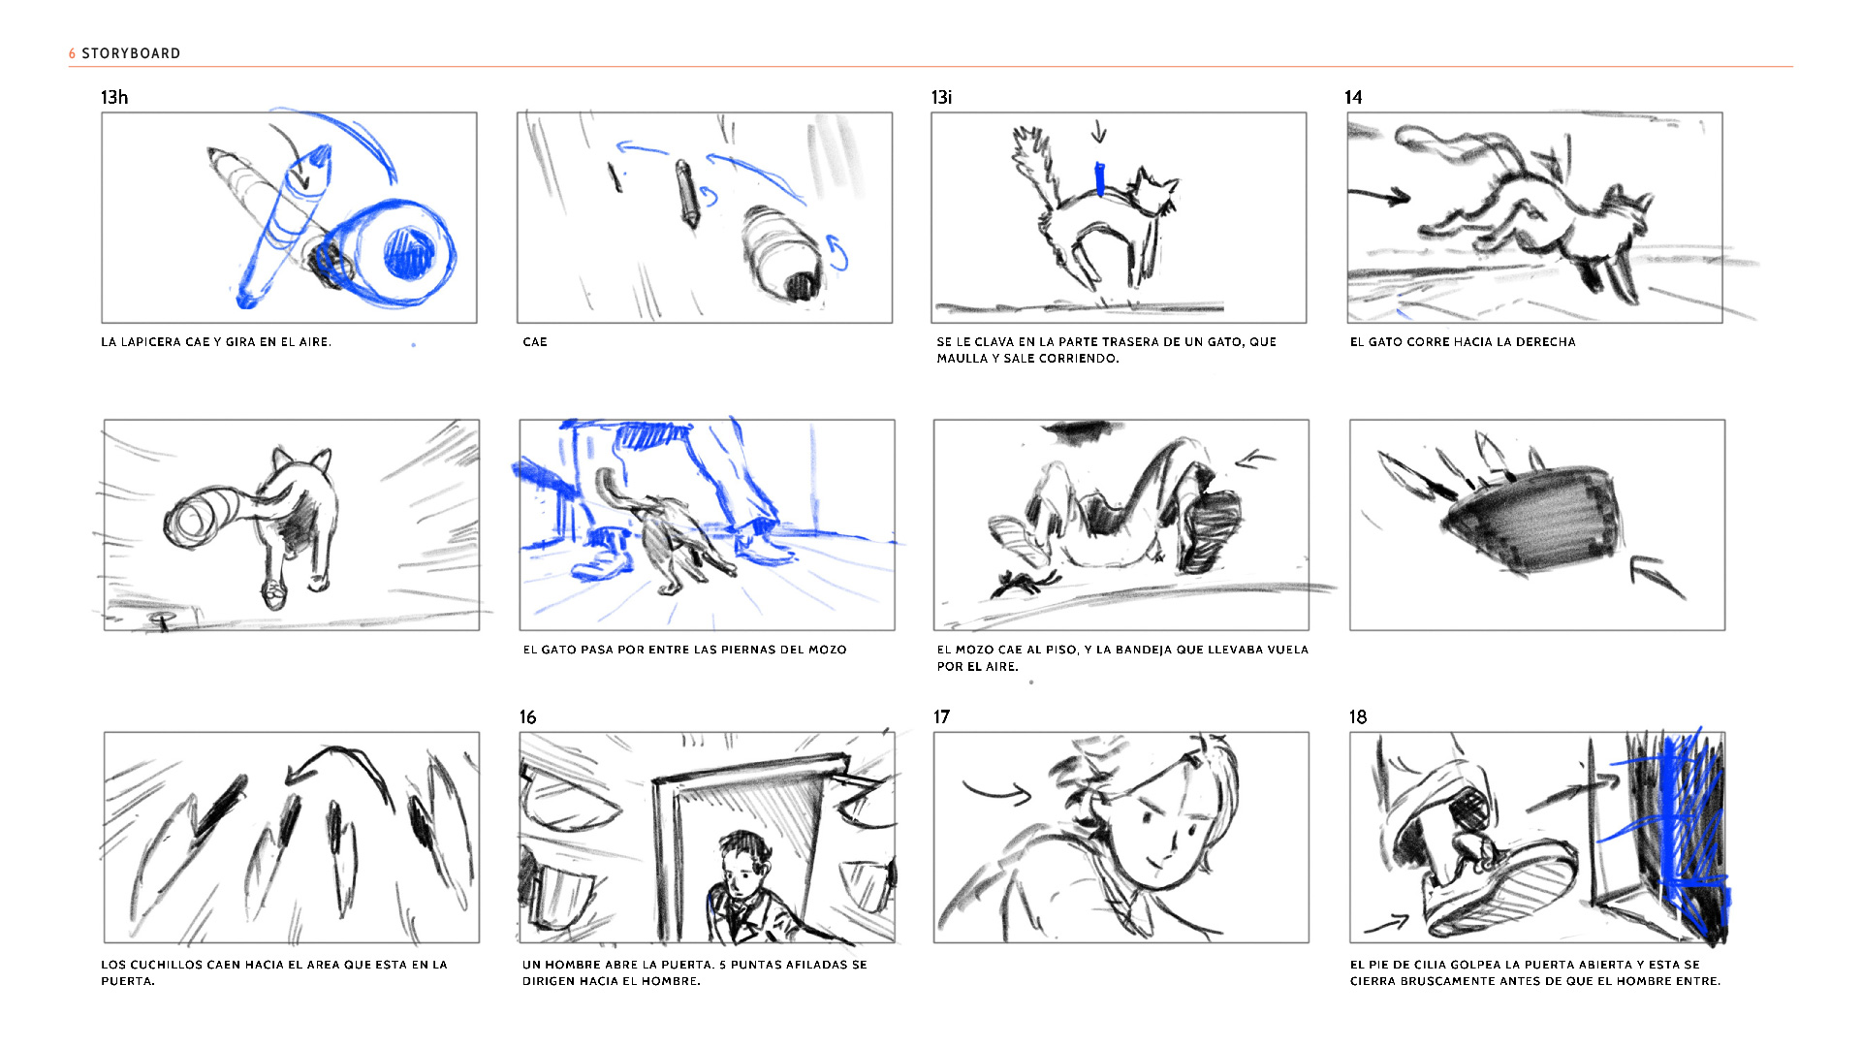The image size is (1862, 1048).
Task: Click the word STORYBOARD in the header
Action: pyautogui.click(x=131, y=53)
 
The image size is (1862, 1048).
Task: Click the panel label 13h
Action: pyautogui.click(x=114, y=97)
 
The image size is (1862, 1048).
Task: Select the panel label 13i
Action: pyautogui.click(x=941, y=97)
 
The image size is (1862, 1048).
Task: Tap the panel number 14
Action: pyautogui.click(x=1353, y=97)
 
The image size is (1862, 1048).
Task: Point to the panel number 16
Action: pyautogui.click(x=527, y=716)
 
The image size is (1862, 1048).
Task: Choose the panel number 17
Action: pyautogui.click(x=941, y=716)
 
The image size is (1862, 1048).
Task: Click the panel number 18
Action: pyautogui.click(x=1358, y=716)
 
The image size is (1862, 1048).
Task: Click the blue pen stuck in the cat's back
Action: pyautogui.click(x=1099, y=180)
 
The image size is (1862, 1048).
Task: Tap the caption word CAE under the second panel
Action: pyautogui.click(x=535, y=342)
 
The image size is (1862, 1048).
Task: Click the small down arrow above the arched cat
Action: pyautogui.click(x=1098, y=131)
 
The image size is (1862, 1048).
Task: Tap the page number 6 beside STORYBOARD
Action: pyautogui.click(x=72, y=53)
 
